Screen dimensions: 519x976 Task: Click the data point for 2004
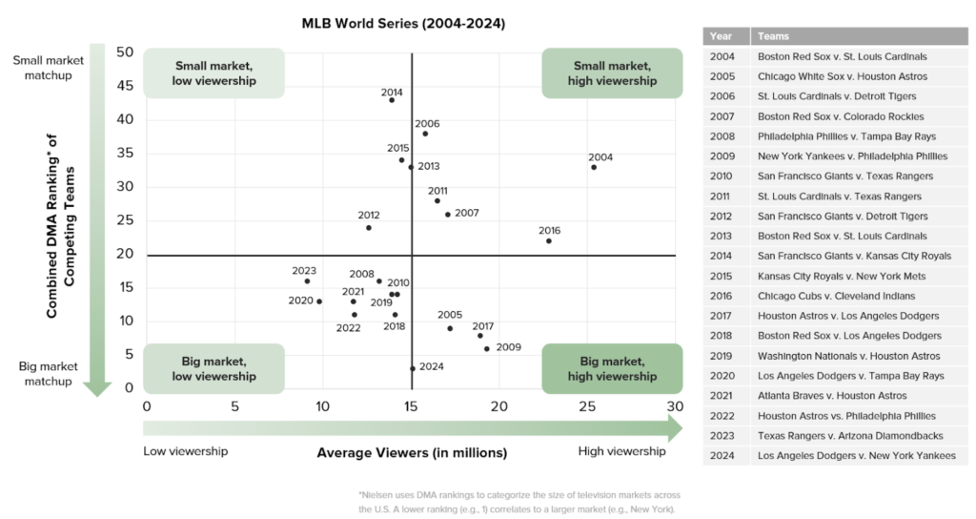(594, 167)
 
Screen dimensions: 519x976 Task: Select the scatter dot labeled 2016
(549, 240)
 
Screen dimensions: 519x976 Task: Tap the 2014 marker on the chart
(392, 100)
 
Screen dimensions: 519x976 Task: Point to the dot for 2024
(413, 368)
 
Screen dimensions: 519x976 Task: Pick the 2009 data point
(487, 349)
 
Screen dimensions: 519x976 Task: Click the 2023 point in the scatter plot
(307, 280)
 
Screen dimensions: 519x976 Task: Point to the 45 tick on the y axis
(126, 86)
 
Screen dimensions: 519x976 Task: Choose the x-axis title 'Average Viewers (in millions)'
(412, 452)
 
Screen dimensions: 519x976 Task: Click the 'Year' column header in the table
(722, 36)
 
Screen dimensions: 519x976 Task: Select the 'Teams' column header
(773, 36)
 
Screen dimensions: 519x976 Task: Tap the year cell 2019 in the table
(722, 356)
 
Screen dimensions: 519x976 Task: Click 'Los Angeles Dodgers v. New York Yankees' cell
(856, 455)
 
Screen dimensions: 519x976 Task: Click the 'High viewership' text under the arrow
(621, 451)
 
